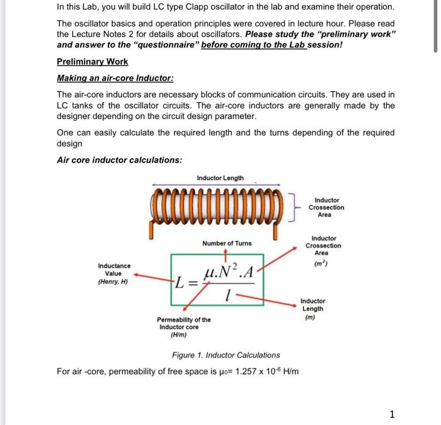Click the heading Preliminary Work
[92, 62]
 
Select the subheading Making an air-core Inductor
[115, 78]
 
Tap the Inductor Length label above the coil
[220, 178]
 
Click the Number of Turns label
[226, 243]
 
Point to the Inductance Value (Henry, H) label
[114, 274]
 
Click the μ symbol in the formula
[209, 274]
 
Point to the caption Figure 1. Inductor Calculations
[226, 355]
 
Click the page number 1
[392, 414]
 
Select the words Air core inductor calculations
[119, 160]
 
